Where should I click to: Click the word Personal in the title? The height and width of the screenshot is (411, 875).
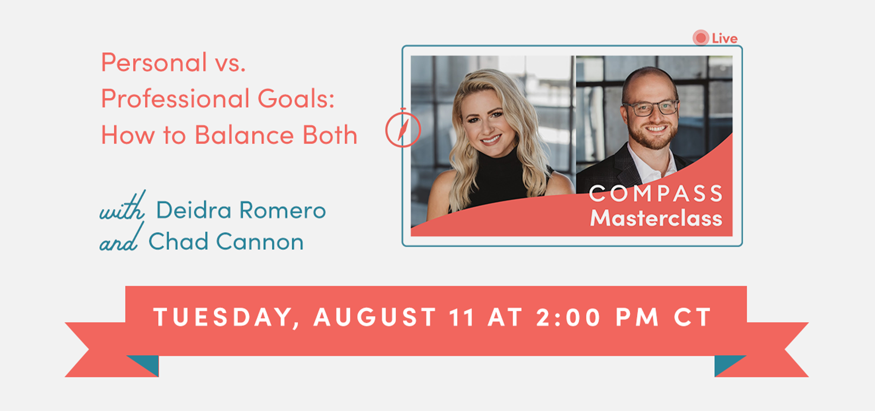154,62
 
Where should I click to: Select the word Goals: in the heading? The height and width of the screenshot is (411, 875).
296,98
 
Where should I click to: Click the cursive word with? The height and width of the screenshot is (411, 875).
123,206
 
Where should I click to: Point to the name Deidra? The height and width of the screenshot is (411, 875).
194,210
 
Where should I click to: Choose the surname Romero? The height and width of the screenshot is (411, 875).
283,210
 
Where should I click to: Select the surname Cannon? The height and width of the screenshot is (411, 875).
260,241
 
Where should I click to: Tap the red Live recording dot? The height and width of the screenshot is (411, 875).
700,38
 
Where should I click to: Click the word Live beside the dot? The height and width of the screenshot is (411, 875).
725,38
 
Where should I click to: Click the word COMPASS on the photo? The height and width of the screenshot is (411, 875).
656,194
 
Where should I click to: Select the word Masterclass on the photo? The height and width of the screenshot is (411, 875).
656,218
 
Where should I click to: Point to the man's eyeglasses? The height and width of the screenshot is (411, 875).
650,108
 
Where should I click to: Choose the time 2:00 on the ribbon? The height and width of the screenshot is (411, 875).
568,317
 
